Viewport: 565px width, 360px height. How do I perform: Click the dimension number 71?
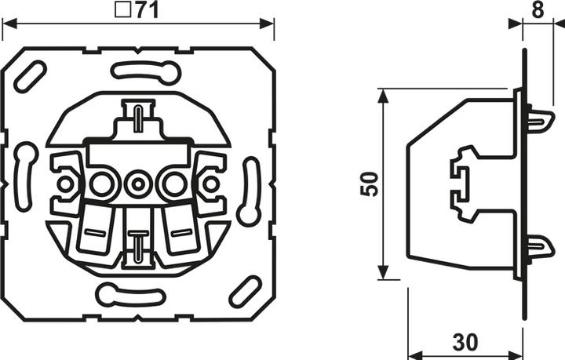click(x=148, y=9)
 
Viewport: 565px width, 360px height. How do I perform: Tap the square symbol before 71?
click(x=123, y=9)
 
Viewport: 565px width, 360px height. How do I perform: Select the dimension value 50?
click(x=370, y=184)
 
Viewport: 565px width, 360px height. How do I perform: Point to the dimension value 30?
click(x=465, y=342)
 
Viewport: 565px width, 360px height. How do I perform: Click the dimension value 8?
click(x=538, y=10)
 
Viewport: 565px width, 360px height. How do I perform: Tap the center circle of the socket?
click(x=137, y=184)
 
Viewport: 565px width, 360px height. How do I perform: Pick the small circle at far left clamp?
click(x=65, y=184)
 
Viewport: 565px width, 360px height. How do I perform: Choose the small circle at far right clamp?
click(x=210, y=184)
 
